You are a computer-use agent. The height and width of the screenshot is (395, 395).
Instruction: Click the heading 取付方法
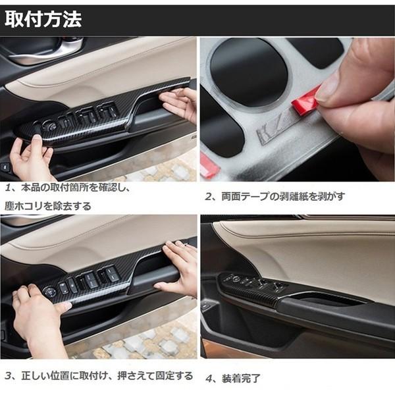point(43,20)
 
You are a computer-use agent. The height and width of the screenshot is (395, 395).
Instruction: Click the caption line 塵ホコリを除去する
point(50,206)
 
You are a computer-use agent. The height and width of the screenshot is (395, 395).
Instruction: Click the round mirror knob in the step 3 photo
point(50,291)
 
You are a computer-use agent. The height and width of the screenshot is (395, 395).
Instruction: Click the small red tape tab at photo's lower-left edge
point(209,167)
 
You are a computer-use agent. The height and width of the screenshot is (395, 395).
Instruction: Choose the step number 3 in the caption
point(9,376)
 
